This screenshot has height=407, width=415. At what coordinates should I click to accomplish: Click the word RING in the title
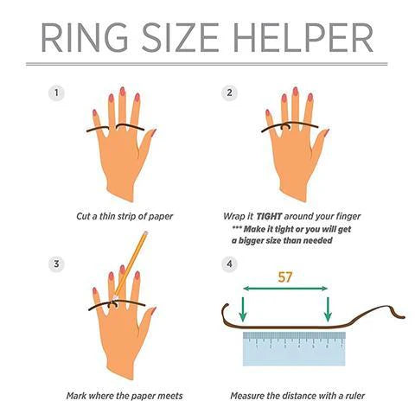pyautogui.click(x=85, y=38)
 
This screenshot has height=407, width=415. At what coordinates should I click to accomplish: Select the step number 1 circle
pyautogui.click(x=56, y=92)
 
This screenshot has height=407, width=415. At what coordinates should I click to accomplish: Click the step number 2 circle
pyautogui.click(x=229, y=92)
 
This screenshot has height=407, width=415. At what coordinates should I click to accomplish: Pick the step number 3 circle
pyautogui.click(x=56, y=264)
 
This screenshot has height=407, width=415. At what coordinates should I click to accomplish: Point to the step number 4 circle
pyautogui.click(x=229, y=264)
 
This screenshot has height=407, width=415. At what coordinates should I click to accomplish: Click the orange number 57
pyautogui.click(x=285, y=277)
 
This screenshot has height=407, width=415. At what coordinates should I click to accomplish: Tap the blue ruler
pyautogui.click(x=294, y=348)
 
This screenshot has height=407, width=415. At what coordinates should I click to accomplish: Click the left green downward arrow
pyautogui.click(x=243, y=309)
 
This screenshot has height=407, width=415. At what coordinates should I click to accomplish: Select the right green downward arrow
pyautogui.click(x=328, y=309)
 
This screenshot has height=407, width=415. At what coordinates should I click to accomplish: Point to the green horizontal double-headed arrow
pyautogui.click(x=285, y=289)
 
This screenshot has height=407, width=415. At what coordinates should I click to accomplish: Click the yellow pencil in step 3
pyautogui.click(x=131, y=264)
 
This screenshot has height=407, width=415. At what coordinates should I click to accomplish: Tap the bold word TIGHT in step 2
pyautogui.click(x=269, y=216)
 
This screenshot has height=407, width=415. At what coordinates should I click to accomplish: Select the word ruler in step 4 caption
pyautogui.click(x=355, y=396)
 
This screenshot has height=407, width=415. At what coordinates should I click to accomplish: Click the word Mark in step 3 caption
pyautogui.click(x=76, y=396)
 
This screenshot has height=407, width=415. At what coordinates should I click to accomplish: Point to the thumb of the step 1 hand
pyautogui.click(x=146, y=144)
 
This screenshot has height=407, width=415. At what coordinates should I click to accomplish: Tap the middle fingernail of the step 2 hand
pyautogui.click(x=295, y=92)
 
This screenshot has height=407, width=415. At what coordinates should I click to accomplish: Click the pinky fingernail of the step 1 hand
pyautogui.click(x=95, y=112)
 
